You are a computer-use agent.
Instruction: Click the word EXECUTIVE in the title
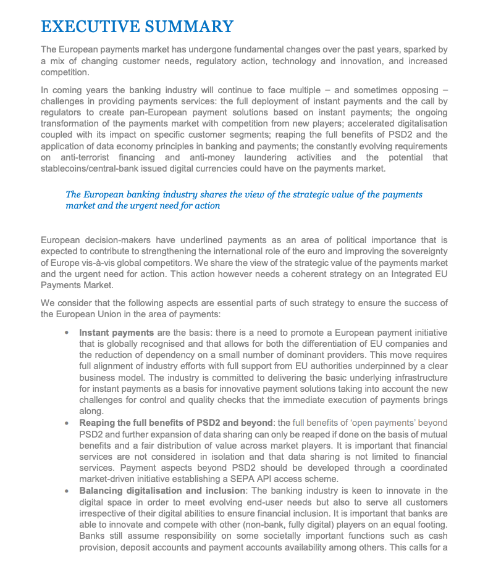tap(89, 27)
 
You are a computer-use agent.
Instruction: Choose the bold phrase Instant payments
tap(117, 333)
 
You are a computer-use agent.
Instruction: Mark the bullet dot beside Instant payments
tap(66, 333)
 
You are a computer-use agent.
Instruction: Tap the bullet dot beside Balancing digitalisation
tap(66, 491)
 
